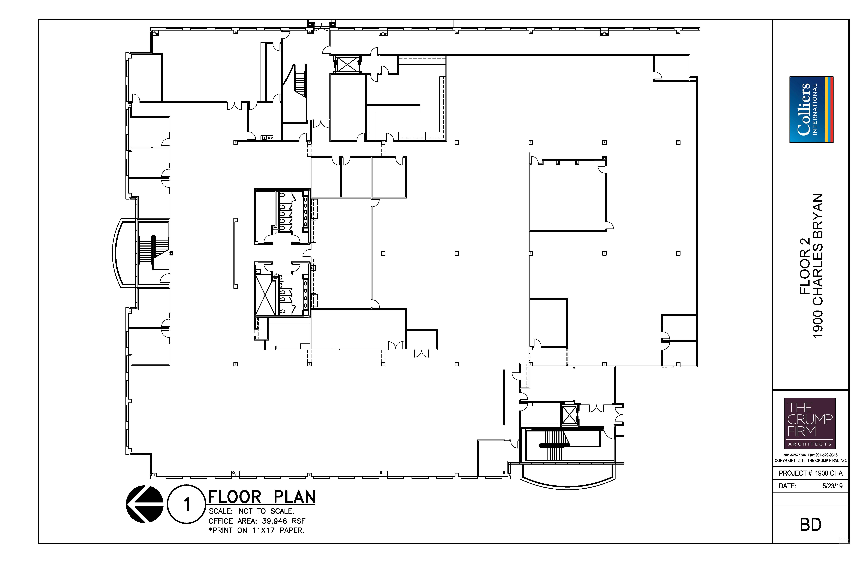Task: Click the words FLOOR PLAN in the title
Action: [262, 497]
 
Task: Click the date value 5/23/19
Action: [832, 486]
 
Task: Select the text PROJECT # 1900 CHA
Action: [810, 473]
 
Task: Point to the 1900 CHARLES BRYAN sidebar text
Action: [818, 266]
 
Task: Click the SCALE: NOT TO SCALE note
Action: [251, 511]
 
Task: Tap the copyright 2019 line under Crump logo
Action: [810, 461]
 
